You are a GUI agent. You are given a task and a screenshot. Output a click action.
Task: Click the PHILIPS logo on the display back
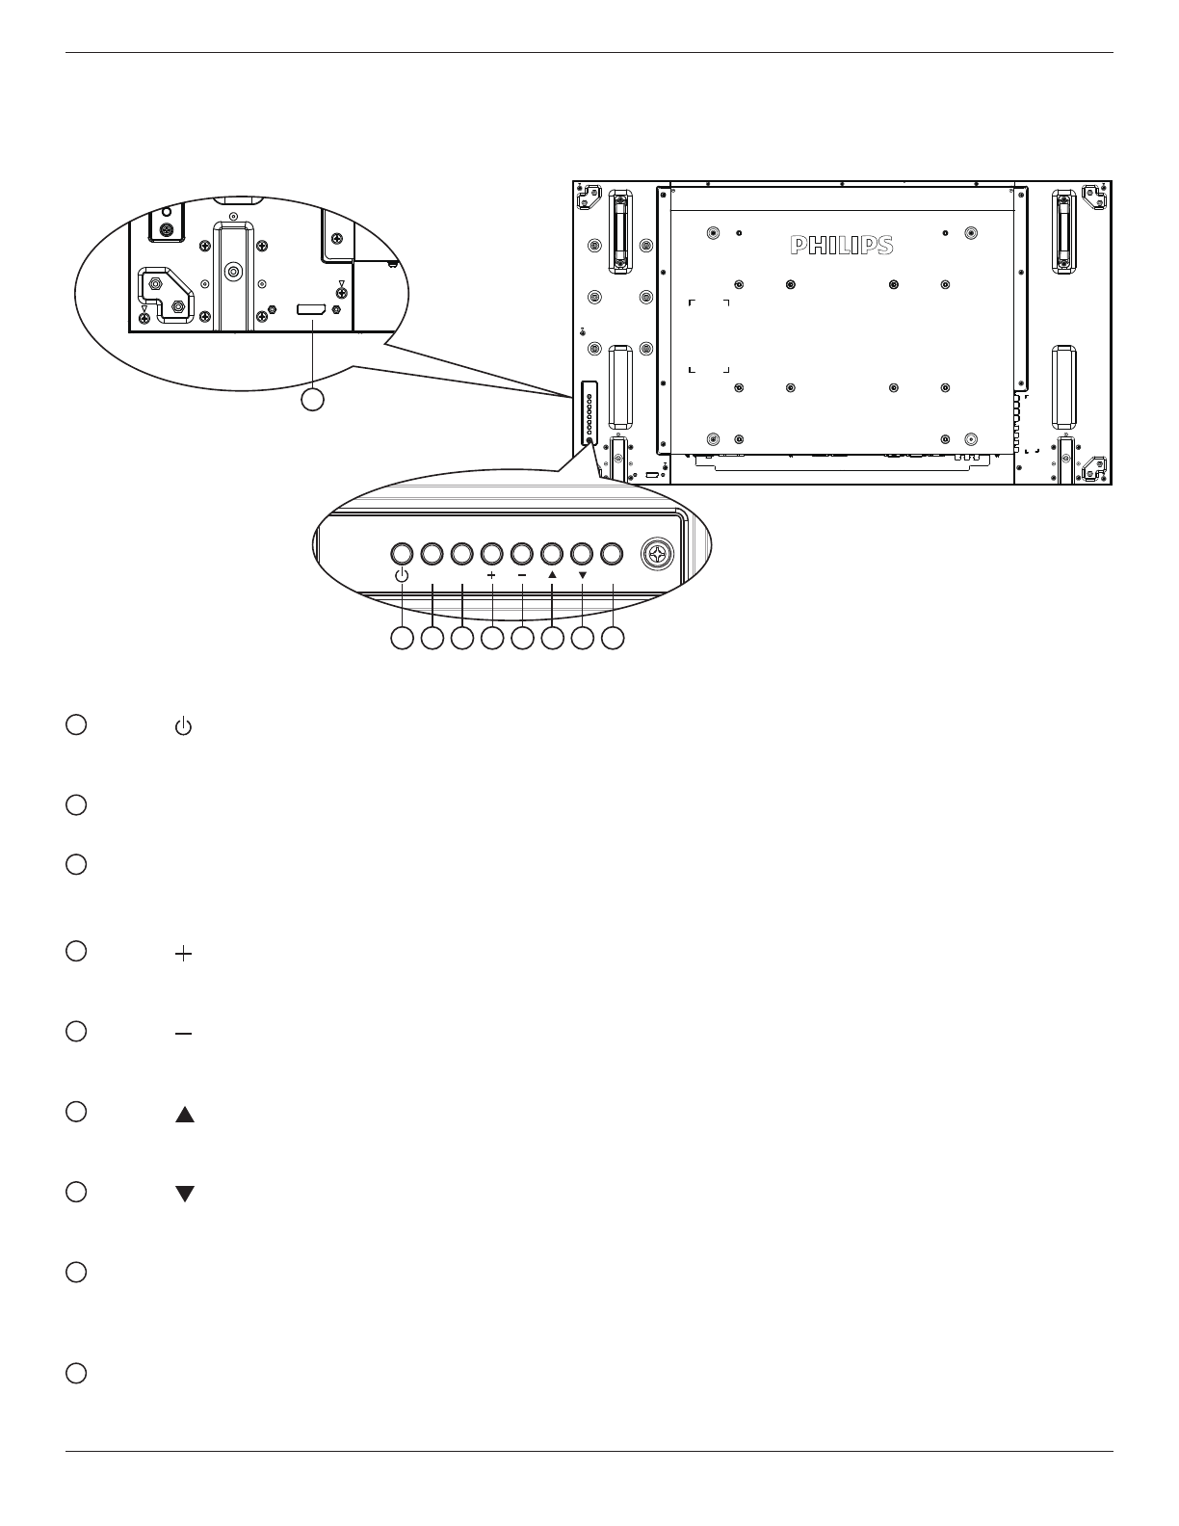pos(842,246)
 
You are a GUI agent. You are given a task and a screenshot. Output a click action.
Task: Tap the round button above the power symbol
pos(402,554)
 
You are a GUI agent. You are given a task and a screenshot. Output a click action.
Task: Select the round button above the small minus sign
pos(521,554)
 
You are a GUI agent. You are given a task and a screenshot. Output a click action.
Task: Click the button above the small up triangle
pos(552,554)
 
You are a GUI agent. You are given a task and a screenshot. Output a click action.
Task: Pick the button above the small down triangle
pos(582,554)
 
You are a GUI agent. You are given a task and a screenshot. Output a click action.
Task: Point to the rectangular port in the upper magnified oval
pos(311,309)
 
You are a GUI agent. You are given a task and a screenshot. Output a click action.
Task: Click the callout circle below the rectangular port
pos(312,399)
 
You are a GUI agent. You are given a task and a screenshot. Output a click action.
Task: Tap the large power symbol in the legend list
pos(183,728)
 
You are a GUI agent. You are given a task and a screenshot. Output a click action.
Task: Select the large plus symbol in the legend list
pos(183,954)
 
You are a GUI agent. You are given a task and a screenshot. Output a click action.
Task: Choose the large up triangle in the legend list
pos(185,1115)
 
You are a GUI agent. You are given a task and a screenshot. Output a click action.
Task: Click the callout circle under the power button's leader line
pos(402,638)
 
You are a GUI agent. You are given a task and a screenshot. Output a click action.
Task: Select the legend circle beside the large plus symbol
pos(77,951)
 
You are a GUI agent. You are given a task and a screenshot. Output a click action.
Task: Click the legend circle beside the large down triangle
pos(77,1192)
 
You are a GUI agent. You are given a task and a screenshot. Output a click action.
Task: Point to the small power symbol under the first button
pos(402,576)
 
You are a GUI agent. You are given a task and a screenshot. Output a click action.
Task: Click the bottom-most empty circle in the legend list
pos(77,1373)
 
